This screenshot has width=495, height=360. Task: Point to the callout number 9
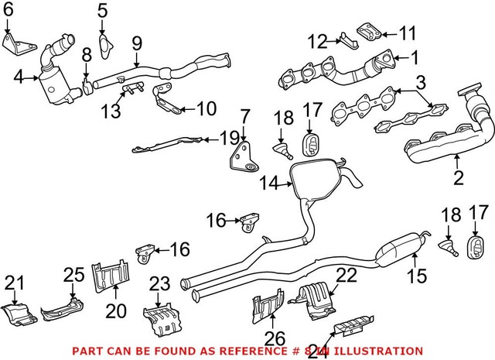coord(137,43)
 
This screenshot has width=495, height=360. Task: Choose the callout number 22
coord(347,275)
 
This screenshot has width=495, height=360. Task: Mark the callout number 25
coord(73,275)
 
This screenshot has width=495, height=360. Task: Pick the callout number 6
coord(9,10)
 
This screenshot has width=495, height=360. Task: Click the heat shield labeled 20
coord(111,276)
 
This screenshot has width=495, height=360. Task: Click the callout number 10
coord(207,109)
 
